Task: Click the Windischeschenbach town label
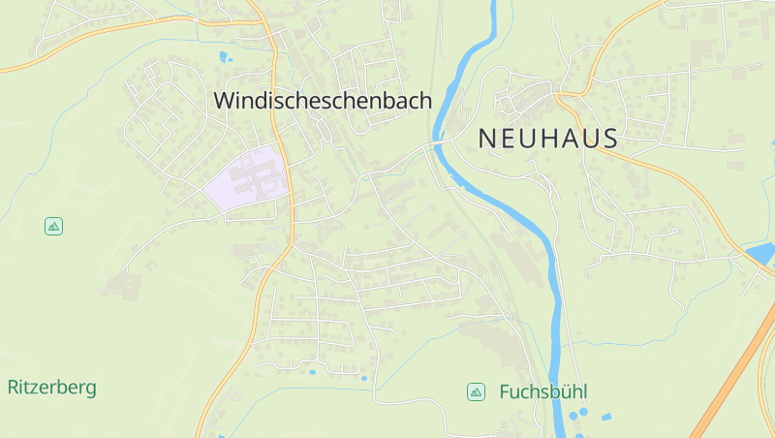(x=323, y=100)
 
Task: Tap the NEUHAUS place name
(x=548, y=139)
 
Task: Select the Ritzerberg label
(x=52, y=388)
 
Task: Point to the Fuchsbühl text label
(x=543, y=392)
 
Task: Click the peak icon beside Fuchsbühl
(x=476, y=391)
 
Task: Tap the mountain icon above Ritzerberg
(x=54, y=226)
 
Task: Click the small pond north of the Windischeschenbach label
(x=226, y=56)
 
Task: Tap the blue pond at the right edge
(x=762, y=254)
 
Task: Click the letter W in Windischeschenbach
(x=223, y=100)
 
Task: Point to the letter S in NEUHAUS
(x=609, y=139)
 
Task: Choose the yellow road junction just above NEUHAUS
(x=561, y=94)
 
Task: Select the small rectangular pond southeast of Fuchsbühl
(x=606, y=417)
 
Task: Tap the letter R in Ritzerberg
(x=14, y=388)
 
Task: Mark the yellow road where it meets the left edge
(x=4, y=69)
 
